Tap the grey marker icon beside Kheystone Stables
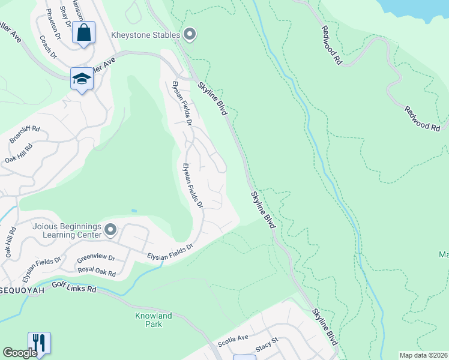tap(190, 35)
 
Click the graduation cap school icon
tap(81, 79)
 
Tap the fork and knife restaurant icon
tap(39, 343)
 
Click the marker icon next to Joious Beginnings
tap(110, 230)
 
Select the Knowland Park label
tap(153, 320)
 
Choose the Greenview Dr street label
tap(95, 257)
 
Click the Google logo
tap(20, 353)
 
